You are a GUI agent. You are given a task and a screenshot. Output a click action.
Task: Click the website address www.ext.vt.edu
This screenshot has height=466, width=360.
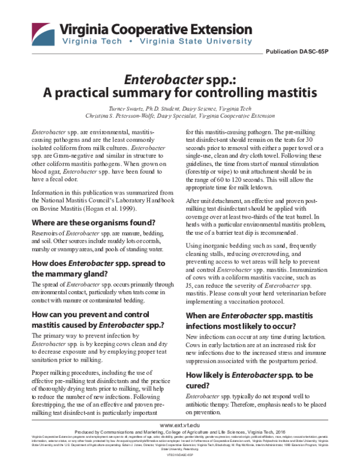point(180,425)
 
